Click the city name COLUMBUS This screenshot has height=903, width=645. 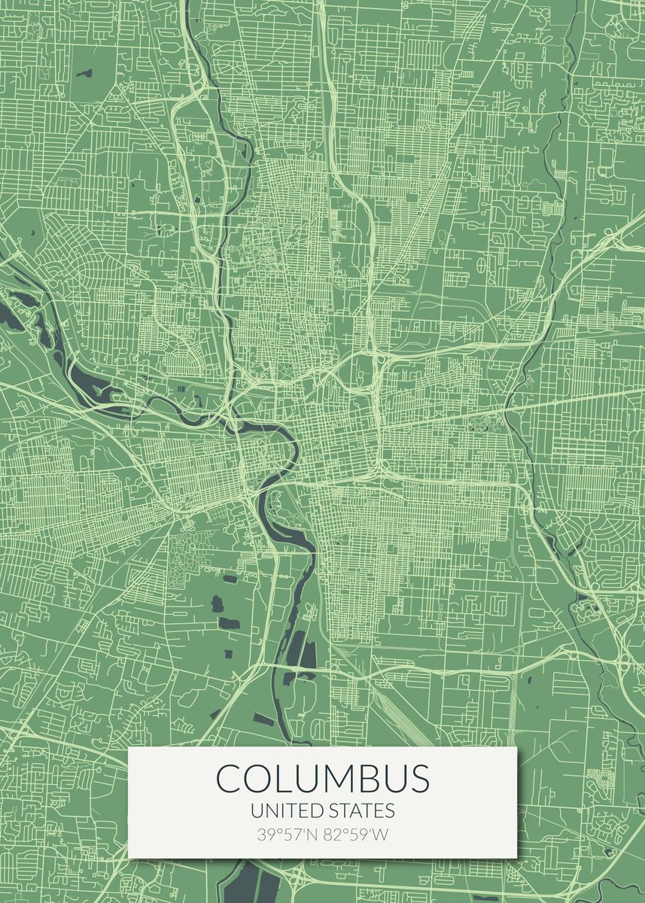323,778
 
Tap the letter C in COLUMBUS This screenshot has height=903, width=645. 229,779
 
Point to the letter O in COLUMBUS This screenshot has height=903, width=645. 260,779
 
